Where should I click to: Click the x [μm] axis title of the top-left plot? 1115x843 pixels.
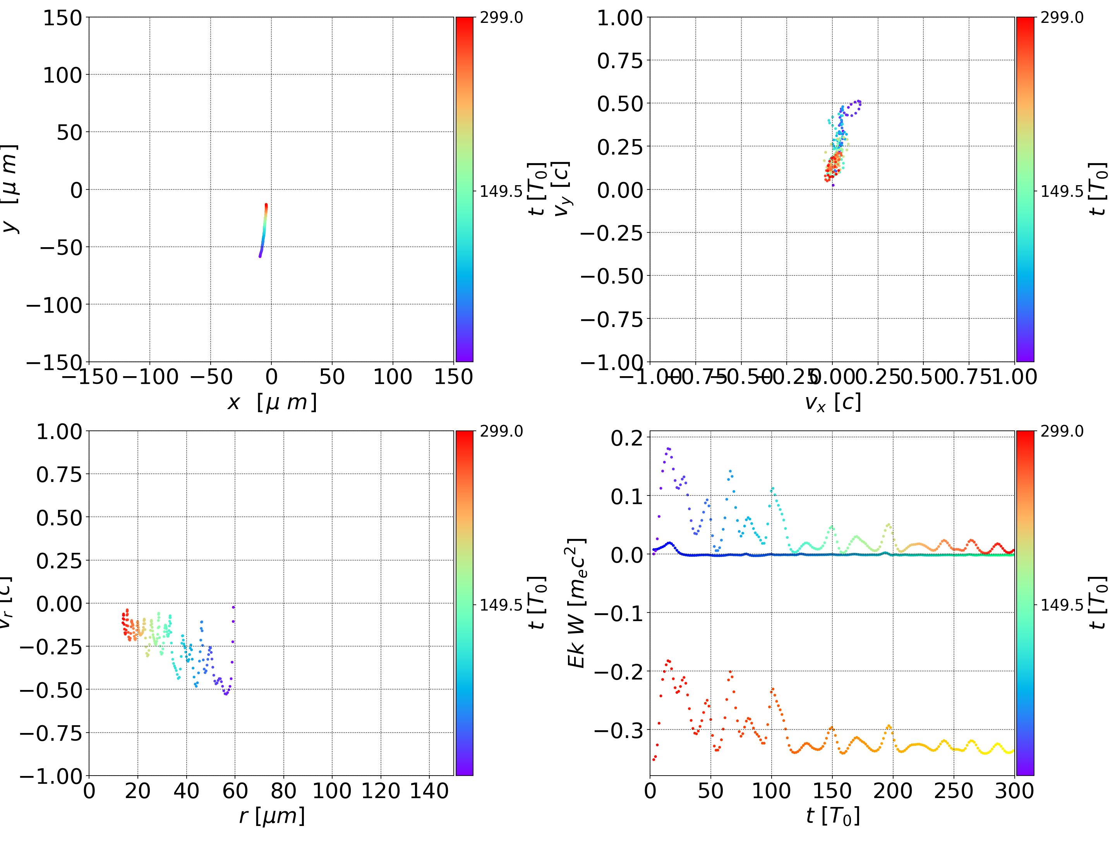coord(272,403)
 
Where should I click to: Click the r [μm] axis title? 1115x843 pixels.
coord(272,816)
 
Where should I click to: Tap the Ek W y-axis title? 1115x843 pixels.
coord(576,603)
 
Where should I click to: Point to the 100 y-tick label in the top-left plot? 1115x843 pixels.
coord(62,75)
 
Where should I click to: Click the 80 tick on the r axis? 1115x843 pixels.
coord(283,791)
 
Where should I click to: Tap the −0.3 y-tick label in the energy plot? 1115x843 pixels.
coord(619,730)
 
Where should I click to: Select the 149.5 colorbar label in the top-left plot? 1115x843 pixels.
coord(501,191)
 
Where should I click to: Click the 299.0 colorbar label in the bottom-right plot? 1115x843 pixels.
coord(1062,431)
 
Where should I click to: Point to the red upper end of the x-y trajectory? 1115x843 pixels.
coord(266,205)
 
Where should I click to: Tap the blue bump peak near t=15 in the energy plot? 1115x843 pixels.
coord(669,543)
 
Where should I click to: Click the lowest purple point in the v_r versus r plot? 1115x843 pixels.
coord(226,694)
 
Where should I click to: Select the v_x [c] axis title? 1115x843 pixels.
coord(832,403)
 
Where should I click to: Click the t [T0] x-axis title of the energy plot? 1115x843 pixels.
coord(832,816)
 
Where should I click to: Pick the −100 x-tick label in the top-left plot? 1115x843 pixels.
coord(150,377)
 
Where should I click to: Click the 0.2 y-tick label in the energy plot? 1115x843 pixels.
coord(627,438)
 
